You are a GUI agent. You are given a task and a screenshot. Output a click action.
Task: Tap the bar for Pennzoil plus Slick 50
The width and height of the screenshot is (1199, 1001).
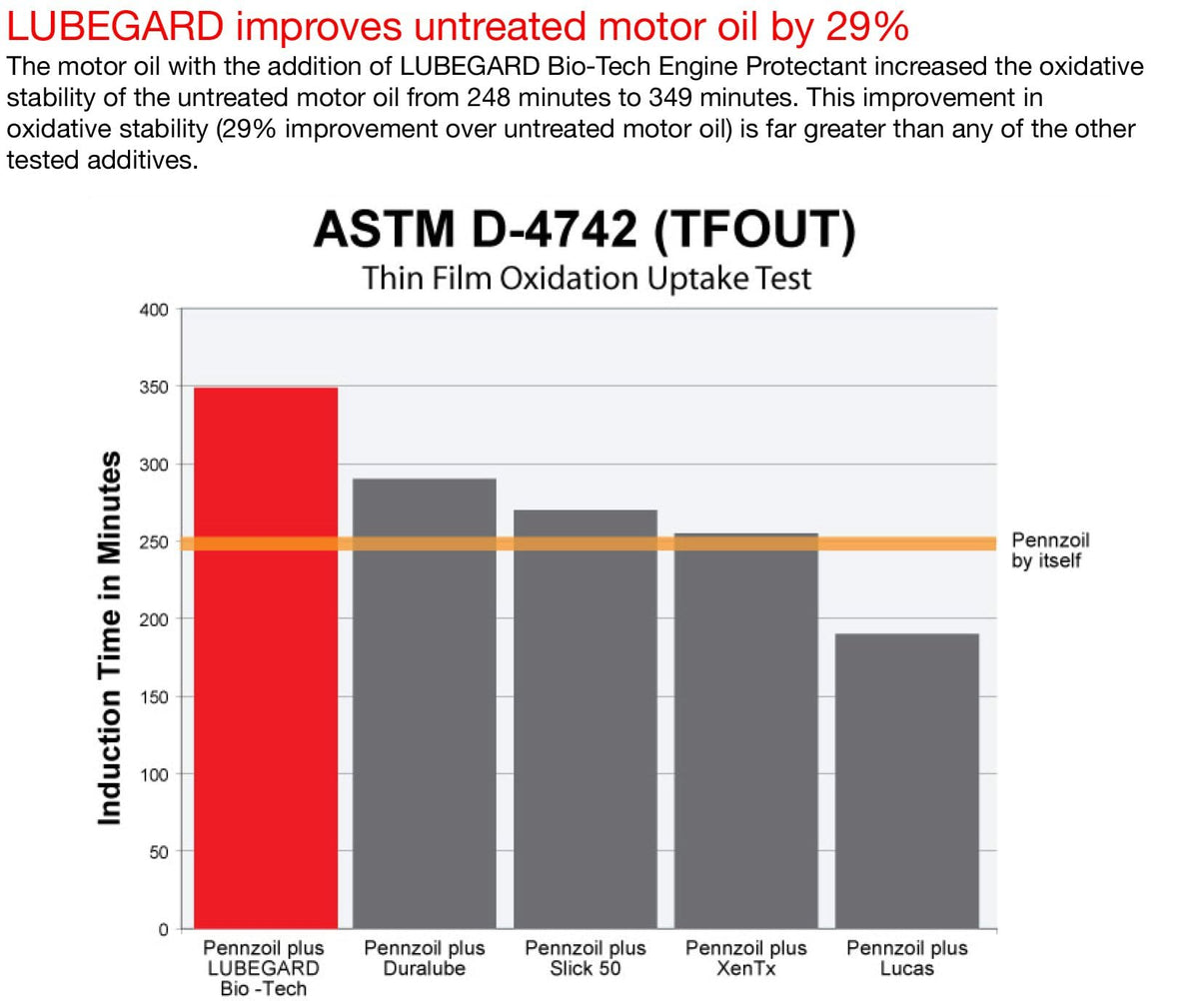586,719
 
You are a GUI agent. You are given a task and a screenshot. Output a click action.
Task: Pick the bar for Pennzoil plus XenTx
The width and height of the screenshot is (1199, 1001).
746,730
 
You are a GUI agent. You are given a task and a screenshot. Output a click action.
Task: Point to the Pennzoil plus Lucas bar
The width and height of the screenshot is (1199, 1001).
907,780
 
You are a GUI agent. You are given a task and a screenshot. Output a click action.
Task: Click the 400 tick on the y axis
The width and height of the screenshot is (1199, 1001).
154,310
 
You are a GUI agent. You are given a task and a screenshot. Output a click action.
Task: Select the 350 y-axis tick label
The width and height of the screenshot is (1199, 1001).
154,387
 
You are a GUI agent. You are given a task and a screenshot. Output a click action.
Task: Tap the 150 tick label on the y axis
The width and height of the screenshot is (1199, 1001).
154,696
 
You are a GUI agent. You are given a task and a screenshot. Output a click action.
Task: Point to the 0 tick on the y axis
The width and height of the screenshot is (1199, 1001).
163,929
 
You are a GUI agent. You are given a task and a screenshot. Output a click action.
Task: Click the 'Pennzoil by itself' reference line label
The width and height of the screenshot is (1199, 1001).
1050,550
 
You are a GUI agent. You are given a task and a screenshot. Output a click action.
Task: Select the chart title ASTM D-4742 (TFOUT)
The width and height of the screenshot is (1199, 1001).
586,230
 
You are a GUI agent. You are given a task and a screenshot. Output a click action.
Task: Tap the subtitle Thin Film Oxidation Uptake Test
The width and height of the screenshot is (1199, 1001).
587,277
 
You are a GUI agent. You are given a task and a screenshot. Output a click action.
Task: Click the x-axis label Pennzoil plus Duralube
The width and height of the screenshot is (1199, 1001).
425,958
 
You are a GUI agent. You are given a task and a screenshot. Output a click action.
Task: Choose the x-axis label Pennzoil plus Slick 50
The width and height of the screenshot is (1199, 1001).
586,958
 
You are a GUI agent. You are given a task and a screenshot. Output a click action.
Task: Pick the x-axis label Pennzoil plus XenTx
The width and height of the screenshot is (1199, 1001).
746,958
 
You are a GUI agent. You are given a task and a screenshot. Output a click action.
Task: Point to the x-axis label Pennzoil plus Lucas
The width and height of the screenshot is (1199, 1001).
907,958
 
